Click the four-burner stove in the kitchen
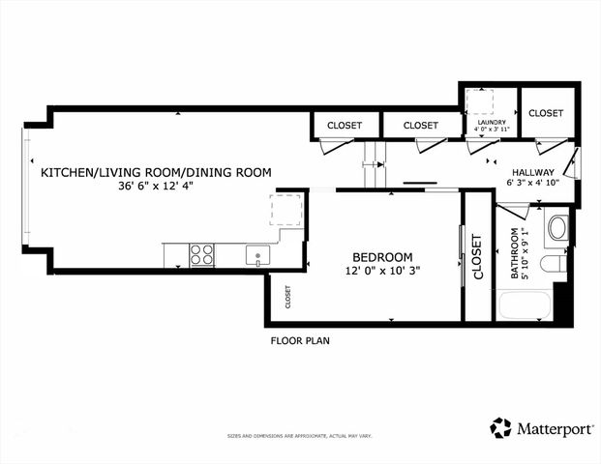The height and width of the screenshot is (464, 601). (202, 254)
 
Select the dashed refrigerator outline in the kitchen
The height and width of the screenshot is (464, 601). (285, 210)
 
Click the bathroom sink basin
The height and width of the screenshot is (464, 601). (558, 228)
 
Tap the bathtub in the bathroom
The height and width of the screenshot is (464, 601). (524, 306)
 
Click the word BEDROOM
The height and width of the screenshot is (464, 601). (382, 256)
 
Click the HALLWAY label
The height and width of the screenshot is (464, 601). (532, 172)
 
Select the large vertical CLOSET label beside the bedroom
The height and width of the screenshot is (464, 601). (476, 257)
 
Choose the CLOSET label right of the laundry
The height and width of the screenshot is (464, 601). (546, 113)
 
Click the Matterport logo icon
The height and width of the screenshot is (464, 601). (500, 427)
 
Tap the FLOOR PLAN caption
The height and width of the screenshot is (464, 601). (300, 341)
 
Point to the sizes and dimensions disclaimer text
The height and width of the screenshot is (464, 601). (300, 436)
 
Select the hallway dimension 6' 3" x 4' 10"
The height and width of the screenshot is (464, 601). (532, 184)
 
